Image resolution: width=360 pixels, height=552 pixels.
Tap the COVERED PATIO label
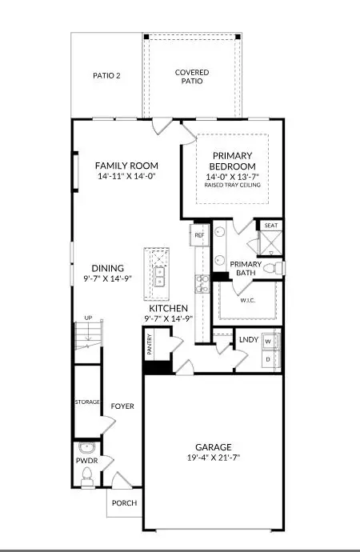[x=192, y=77]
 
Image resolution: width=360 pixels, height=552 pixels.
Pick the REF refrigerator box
[x=200, y=235]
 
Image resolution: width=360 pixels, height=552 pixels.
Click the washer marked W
[x=269, y=341]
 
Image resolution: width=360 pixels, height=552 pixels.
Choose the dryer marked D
[x=269, y=360]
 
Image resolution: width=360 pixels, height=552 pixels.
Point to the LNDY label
[x=248, y=341]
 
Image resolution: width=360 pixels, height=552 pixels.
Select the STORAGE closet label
[x=86, y=401]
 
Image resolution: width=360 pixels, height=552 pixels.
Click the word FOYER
[x=122, y=406]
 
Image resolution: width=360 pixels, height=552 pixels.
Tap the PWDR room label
[x=86, y=462]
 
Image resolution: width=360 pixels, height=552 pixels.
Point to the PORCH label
[x=124, y=503]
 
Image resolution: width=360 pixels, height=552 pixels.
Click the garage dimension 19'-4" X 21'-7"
[x=214, y=458]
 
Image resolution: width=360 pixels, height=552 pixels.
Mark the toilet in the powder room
[x=86, y=475]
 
